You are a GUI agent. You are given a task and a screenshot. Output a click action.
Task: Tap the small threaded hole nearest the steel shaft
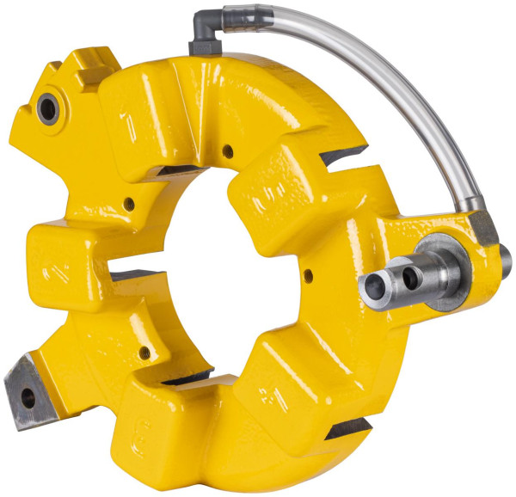coord(308,276)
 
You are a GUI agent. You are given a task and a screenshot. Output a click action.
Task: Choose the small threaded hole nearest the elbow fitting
coord(227,152)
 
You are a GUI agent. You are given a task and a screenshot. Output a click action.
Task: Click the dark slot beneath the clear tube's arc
coord(344,156)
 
